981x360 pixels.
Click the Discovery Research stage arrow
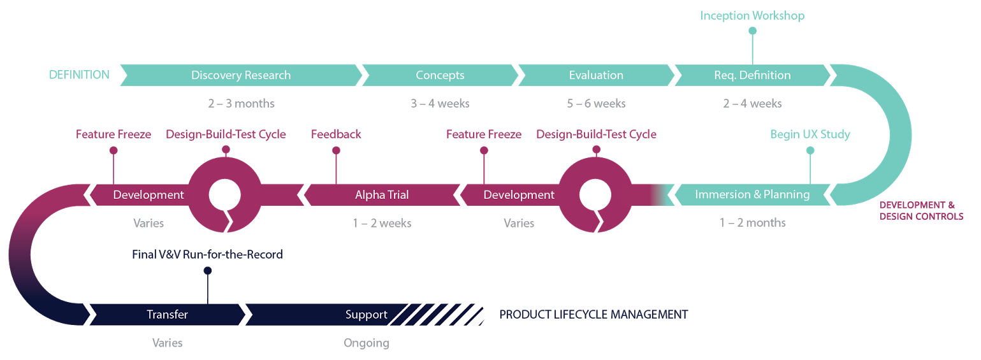coord(241,75)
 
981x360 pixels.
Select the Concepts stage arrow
coord(440,75)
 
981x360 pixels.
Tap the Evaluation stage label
coord(596,75)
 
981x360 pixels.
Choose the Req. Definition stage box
coord(752,75)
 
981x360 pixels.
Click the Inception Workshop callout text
coord(752,16)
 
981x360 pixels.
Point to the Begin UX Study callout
coord(810,134)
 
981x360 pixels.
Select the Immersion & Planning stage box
coord(752,194)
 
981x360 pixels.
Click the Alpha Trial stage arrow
coord(382,195)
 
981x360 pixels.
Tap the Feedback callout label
coord(336,134)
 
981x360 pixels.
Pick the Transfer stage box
coord(168,315)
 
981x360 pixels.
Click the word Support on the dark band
coord(367,315)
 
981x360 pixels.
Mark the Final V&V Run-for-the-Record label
coord(207,255)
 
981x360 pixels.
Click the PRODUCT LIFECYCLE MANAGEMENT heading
coord(593,315)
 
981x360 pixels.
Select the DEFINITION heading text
coord(79,75)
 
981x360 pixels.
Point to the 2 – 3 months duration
coord(242,103)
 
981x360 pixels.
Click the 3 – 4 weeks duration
coord(440,103)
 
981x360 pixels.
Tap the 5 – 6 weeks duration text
coord(596,103)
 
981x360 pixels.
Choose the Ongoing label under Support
coord(367,343)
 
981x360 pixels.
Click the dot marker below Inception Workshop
coord(752,31)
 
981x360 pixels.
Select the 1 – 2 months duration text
coord(752,223)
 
